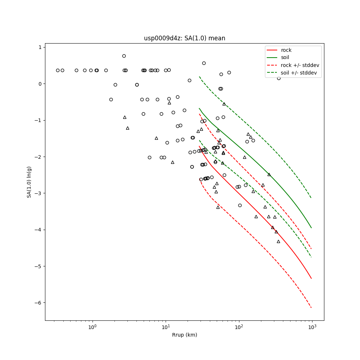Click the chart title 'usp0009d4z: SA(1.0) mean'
(184, 38)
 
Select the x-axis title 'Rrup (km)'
(184, 335)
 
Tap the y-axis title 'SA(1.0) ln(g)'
(29, 182)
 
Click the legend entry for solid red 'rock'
(286, 50)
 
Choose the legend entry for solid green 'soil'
(285, 58)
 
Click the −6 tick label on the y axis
(38, 303)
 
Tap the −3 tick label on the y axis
(38, 193)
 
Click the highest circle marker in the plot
(124, 56)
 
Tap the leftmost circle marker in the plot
(58, 70)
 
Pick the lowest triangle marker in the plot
(278, 241)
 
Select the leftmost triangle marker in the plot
(125, 117)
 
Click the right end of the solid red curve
(311, 279)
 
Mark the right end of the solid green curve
(311, 228)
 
